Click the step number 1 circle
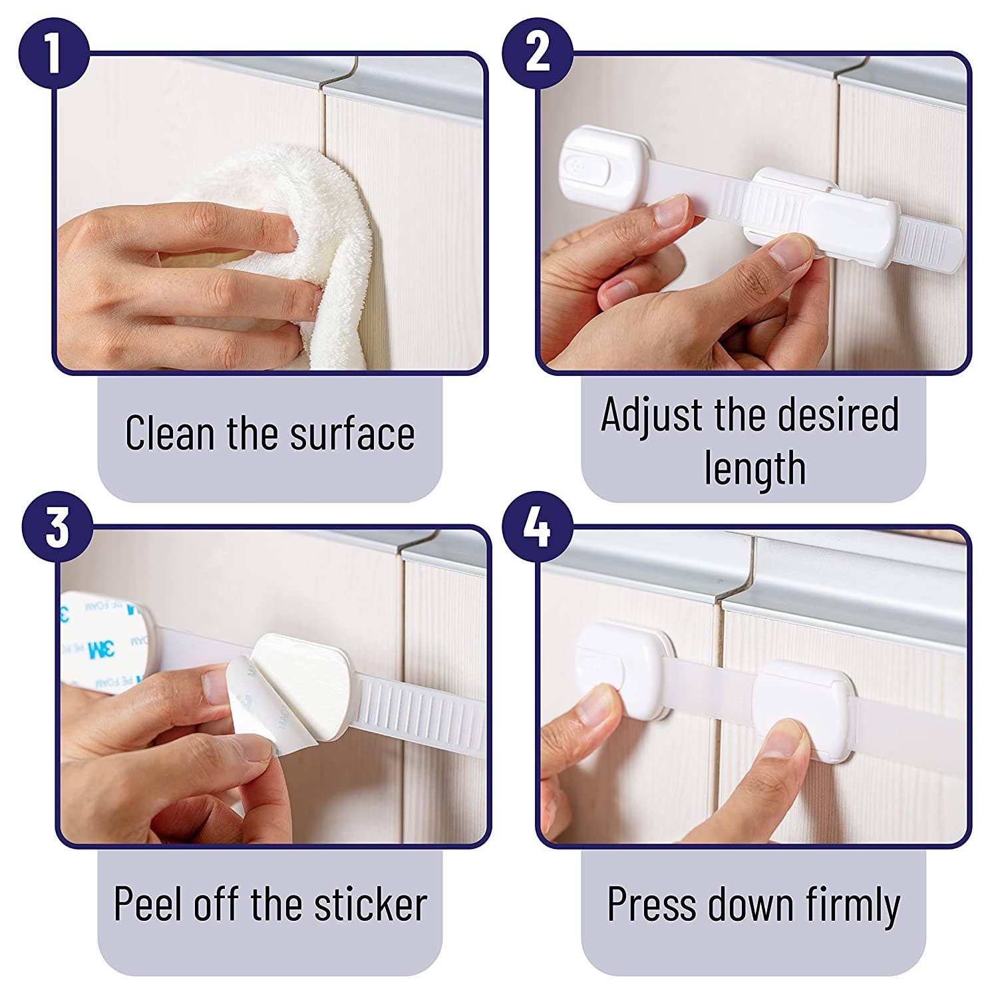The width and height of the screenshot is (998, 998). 54,54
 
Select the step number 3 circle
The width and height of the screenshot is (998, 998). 57,526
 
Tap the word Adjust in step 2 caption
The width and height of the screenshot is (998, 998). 651,415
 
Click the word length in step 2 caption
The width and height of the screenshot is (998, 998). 754,468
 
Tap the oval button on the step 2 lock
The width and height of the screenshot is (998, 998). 585,167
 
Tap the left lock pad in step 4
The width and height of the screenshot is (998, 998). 619,665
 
